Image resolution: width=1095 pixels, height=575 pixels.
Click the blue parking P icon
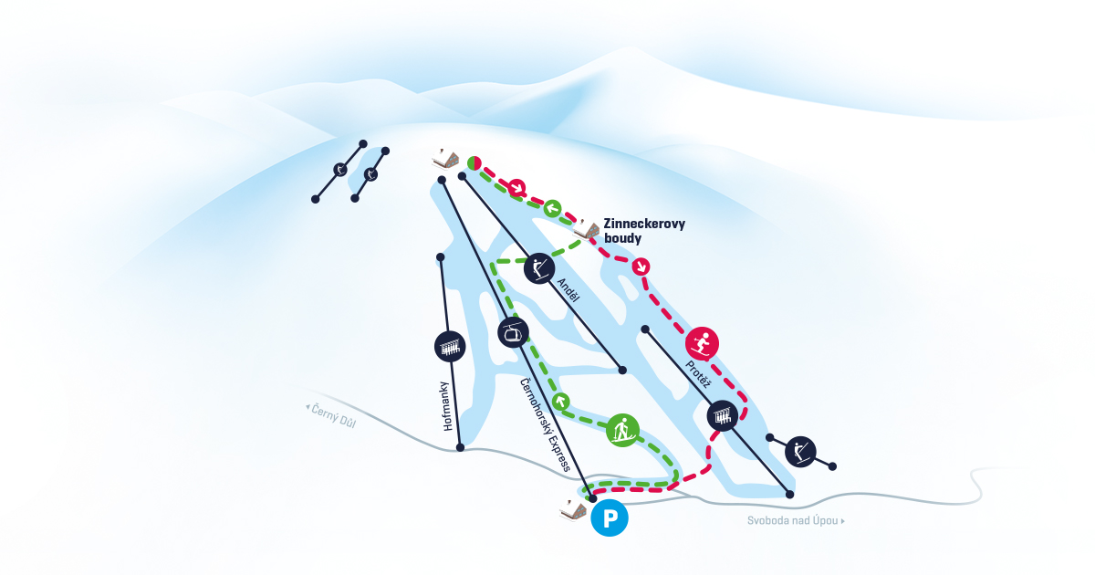(x=610, y=518)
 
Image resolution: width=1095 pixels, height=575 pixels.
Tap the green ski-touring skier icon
(x=622, y=429)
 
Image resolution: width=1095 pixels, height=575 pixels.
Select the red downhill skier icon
(x=702, y=343)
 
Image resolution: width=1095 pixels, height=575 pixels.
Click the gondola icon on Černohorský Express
(x=514, y=332)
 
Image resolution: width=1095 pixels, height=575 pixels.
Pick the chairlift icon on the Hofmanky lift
(x=450, y=346)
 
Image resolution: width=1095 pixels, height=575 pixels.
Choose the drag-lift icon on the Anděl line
(x=539, y=267)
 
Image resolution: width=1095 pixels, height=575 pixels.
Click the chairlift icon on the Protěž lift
(x=723, y=416)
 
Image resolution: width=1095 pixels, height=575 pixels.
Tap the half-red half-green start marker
(x=474, y=162)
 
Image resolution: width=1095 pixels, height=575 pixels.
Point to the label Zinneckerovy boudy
(x=643, y=230)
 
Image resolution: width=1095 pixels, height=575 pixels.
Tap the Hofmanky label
(x=447, y=405)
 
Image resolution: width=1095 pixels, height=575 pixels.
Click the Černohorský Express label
(x=545, y=424)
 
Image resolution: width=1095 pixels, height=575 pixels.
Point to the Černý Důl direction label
(x=331, y=414)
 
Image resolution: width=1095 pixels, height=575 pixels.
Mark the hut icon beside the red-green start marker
(x=445, y=158)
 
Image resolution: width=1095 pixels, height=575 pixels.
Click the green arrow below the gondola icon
(x=561, y=400)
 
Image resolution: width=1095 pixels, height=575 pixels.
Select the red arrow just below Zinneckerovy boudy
(x=641, y=267)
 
